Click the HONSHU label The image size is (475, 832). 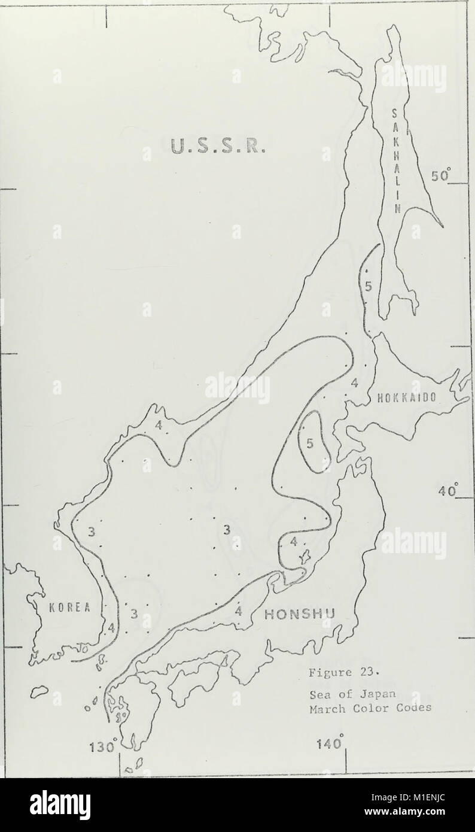[299, 614]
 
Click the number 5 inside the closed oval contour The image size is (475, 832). [310, 444]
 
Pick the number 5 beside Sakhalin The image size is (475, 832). [369, 286]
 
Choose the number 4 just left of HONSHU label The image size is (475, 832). [237, 611]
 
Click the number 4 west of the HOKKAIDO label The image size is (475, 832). [354, 382]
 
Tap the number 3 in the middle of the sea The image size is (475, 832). [227, 529]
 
